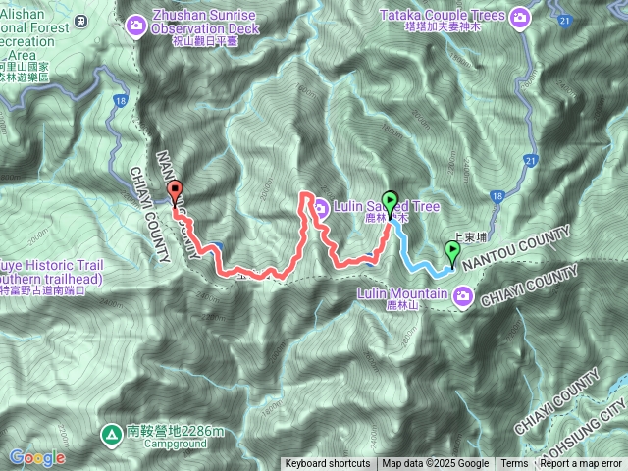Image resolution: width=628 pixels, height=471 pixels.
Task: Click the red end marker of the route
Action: click(x=176, y=191)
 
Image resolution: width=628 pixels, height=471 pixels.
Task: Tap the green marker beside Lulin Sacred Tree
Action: click(x=390, y=202)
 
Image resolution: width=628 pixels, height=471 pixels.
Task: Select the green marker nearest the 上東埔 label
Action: click(x=452, y=251)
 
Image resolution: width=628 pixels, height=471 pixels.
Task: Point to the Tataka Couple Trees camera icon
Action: click(x=518, y=15)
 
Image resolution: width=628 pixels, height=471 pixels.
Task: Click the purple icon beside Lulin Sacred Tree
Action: click(x=321, y=206)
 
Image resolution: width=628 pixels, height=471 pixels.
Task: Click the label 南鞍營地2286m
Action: click(x=177, y=430)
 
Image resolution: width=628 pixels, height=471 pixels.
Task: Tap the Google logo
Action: click(x=36, y=457)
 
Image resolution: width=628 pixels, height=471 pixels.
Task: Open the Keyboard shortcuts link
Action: click(x=328, y=464)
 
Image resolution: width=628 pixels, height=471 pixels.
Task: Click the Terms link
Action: click(x=514, y=464)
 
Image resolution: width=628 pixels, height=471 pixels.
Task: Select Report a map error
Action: click(x=582, y=464)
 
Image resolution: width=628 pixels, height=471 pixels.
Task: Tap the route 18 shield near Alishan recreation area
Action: click(x=119, y=100)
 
